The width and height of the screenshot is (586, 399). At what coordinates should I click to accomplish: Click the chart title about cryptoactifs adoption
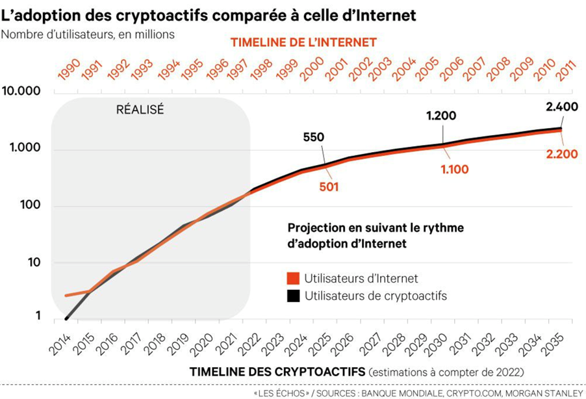(x=209, y=14)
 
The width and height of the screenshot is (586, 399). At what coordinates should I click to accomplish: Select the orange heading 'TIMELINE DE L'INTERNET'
(x=304, y=42)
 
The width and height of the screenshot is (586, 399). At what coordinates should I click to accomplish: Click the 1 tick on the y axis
(x=38, y=316)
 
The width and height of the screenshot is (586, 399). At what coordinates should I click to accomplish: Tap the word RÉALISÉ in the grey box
(x=140, y=109)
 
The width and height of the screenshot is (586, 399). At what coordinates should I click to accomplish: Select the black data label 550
(x=314, y=137)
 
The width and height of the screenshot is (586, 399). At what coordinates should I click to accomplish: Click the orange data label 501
(x=329, y=187)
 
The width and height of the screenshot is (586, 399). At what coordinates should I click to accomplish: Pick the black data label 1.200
(x=441, y=116)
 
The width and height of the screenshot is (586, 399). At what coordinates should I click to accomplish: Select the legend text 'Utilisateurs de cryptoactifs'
(x=376, y=296)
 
